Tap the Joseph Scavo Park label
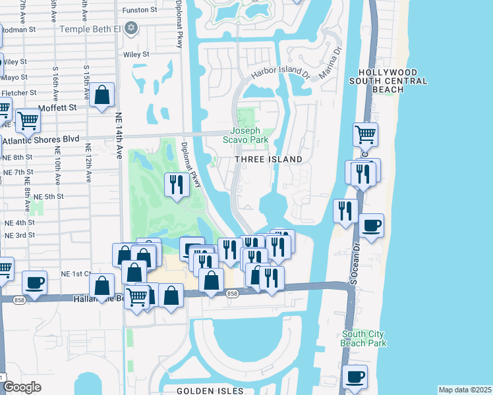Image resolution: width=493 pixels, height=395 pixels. [x=249, y=136]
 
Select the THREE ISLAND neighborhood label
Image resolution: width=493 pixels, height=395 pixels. [x=269, y=159]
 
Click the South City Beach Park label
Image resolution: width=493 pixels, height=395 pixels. [x=364, y=338]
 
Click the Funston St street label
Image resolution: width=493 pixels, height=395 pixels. [x=140, y=10]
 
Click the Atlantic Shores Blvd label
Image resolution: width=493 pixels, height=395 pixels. [x=41, y=140]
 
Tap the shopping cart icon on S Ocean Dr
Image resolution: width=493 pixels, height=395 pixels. [x=365, y=135]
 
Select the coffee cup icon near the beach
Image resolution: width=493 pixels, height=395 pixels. [x=371, y=226]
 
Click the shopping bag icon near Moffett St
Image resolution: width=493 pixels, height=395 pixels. [x=103, y=95]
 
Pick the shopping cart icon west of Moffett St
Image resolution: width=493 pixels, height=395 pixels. [x=28, y=120]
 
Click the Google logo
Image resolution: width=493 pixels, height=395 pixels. [x=21, y=387]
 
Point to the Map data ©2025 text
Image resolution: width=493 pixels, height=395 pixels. [x=465, y=390]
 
